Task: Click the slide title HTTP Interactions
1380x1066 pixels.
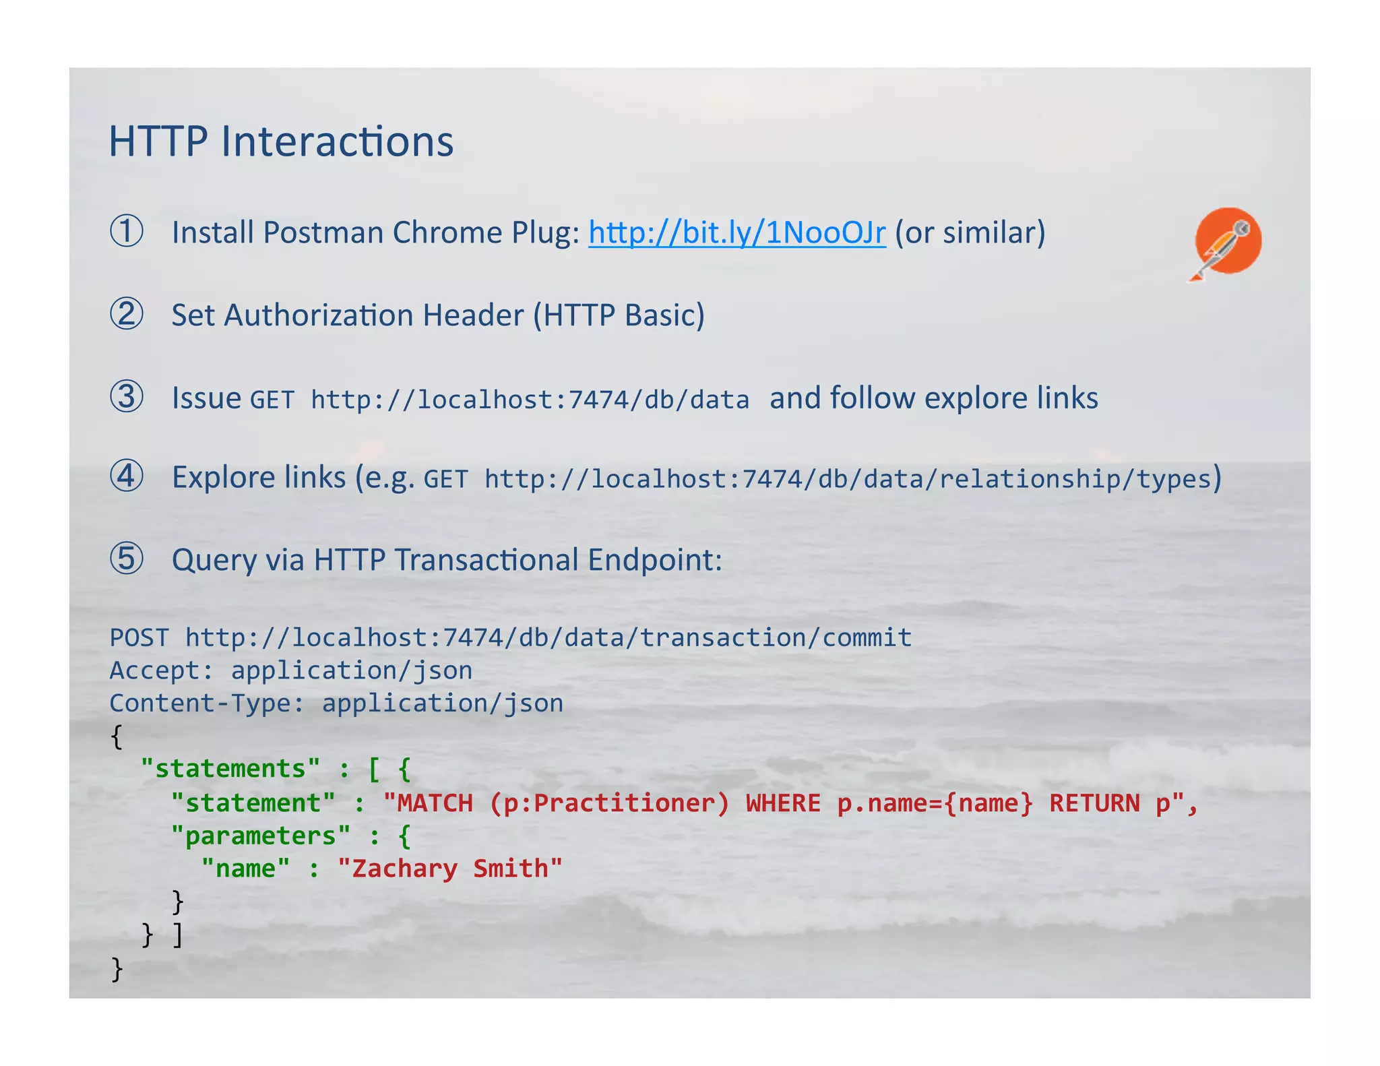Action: (x=281, y=142)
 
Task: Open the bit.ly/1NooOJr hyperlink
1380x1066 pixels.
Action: (x=736, y=232)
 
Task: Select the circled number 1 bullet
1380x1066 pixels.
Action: (x=127, y=231)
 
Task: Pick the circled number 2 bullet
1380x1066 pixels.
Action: (x=127, y=314)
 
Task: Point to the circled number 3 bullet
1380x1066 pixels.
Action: (x=127, y=397)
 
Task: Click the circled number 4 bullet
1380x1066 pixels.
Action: (x=127, y=476)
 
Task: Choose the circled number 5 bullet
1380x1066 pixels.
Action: (x=127, y=559)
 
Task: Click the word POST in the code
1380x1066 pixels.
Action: (x=139, y=637)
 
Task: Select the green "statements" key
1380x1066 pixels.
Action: (x=230, y=769)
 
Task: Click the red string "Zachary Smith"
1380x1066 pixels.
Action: (x=449, y=869)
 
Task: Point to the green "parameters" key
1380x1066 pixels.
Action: (x=260, y=836)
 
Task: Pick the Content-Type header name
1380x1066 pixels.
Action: (x=199, y=703)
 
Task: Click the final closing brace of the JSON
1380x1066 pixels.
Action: (x=117, y=968)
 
